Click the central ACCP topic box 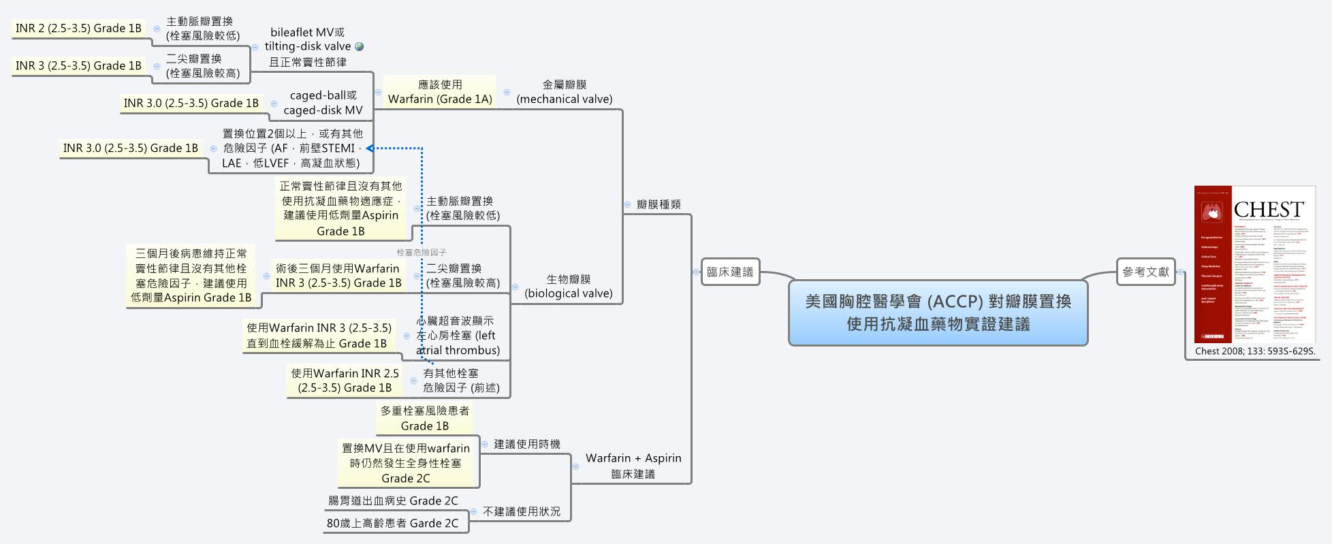(938, 313)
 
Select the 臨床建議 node (730, 272)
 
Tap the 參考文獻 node (1145, 272)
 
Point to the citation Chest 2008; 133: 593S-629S (1254, 351)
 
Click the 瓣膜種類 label (659, 204)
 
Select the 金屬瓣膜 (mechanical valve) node (565, 92)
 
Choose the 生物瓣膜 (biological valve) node (569, 287)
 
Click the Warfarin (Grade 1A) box (440, 92)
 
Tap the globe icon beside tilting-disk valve (360, 47)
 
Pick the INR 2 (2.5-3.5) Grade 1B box (78, 28)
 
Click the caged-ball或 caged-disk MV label (323, 103)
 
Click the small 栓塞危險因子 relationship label (422, 253)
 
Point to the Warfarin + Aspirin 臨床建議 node (633, 466)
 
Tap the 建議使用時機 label (527, 444)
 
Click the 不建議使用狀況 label (522, 511)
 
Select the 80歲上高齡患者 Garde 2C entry (392, 523)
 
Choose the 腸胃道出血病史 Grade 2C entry (393, 500)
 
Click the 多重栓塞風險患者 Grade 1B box (425, 418)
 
